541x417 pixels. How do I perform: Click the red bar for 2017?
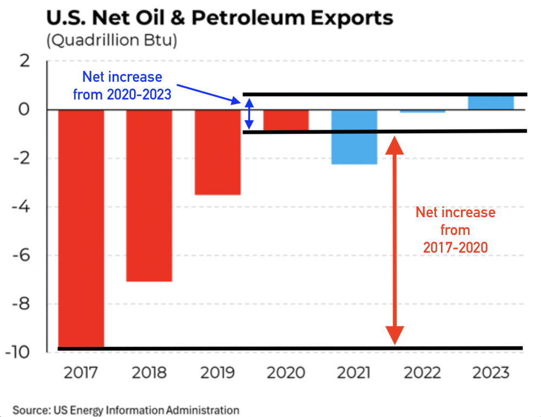click(81, 227)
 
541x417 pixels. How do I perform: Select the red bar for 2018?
click(149, 195)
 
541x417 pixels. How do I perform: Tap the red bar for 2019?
click(217, 152)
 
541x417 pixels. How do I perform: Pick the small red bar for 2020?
click(286, 120)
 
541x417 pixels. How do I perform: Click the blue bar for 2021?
click(354, 136)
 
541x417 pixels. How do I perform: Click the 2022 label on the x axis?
click(422, 373)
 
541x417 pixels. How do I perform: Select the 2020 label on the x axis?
click(286, 373)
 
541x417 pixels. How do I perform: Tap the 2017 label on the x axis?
click(81, 373)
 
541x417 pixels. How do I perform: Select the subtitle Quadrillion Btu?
click(112, 41)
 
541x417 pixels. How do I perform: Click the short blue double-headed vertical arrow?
click(248, 114)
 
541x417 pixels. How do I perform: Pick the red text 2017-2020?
click(455, 247)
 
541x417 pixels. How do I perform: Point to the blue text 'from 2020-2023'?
click(122, 95)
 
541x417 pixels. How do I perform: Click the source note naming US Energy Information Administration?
click(126, 409)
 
